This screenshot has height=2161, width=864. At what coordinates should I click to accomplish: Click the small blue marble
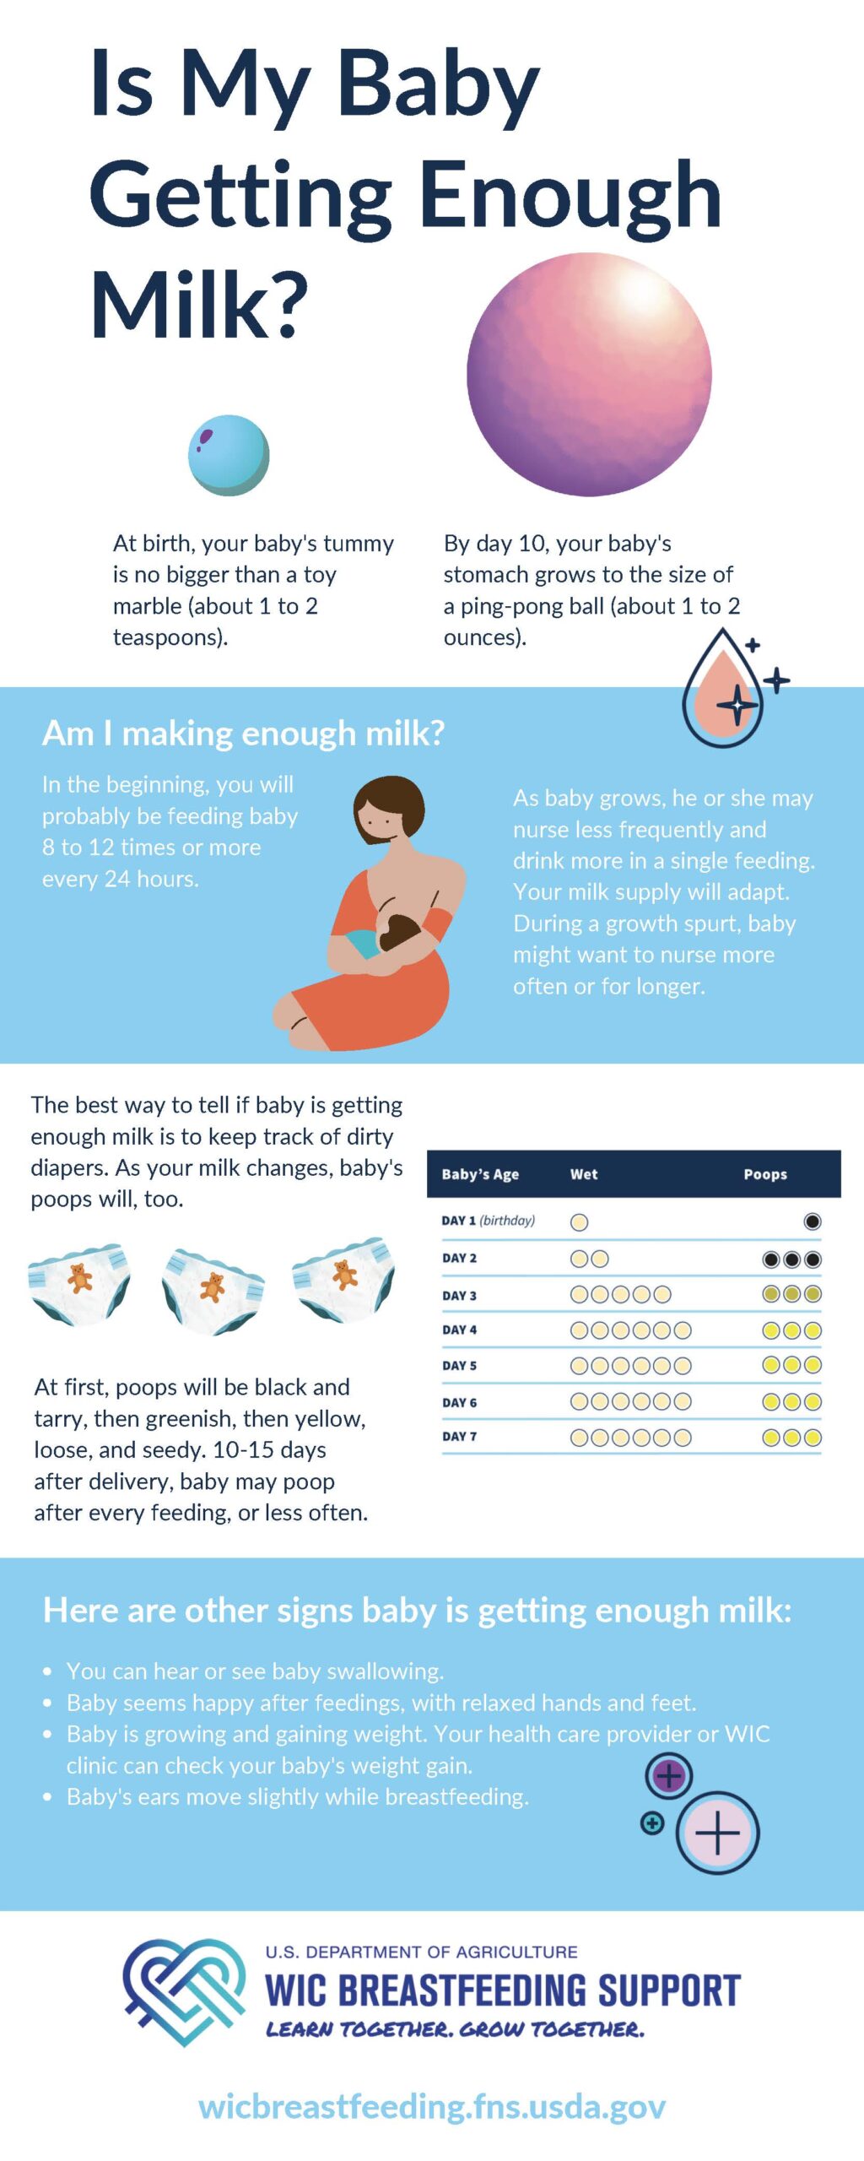(229, 455)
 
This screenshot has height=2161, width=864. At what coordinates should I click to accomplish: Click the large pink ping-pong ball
(589, 374)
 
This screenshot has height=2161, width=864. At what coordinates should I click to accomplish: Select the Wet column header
(584, 1174)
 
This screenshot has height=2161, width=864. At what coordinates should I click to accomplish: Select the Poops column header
(765, 1174)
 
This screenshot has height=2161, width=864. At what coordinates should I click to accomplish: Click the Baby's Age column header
(480, 1174)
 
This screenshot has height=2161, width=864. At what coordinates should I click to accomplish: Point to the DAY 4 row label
(459, 1330)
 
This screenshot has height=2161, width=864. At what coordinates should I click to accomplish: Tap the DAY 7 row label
(459, 1436)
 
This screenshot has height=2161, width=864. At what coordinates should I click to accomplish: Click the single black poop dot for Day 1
(813, 1221)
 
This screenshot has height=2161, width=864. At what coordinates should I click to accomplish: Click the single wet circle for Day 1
(580, 1221)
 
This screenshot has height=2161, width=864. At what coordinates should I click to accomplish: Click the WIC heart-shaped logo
(185, 1990)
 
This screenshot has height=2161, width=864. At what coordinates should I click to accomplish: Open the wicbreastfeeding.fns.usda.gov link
(432, 2106)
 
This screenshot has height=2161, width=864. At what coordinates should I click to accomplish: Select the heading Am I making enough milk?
(243, 733)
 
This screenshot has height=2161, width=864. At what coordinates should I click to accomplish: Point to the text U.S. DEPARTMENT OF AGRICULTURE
(421, 1952)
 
